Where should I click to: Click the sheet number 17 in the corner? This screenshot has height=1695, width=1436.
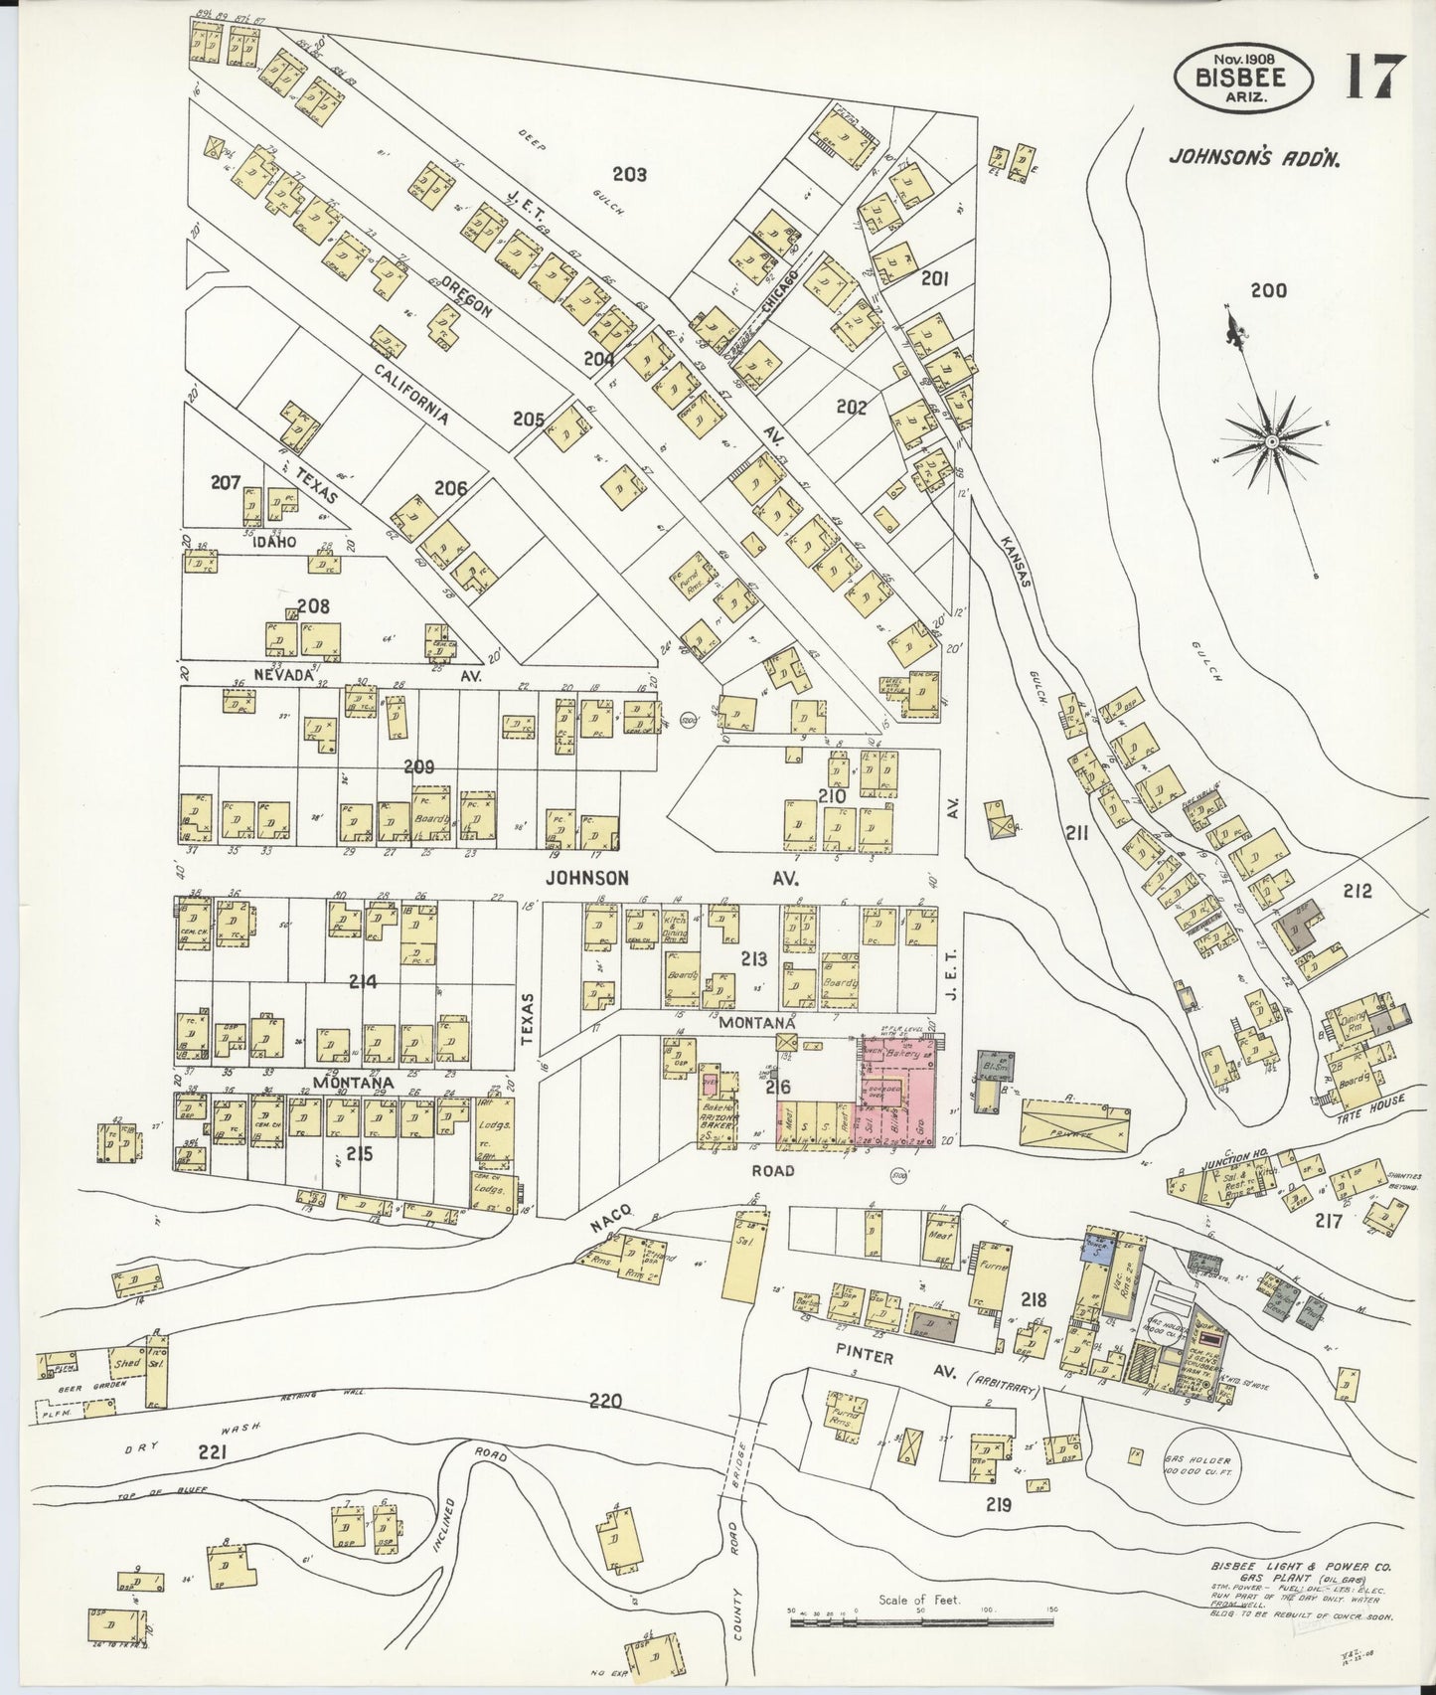1375,77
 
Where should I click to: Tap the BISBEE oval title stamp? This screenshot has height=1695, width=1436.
1242,77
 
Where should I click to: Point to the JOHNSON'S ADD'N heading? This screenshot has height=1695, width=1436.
1253,157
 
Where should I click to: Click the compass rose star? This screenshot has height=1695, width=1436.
1271,439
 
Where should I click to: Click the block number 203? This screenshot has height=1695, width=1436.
629,175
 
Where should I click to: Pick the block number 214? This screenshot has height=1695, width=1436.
363,981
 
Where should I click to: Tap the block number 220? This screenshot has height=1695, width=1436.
605,1401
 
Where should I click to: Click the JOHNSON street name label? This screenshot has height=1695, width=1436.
586,878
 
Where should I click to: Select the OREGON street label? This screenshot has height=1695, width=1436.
467,296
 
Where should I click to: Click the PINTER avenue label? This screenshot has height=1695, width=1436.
864,1357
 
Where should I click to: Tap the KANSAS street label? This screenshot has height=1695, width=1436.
1015,563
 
